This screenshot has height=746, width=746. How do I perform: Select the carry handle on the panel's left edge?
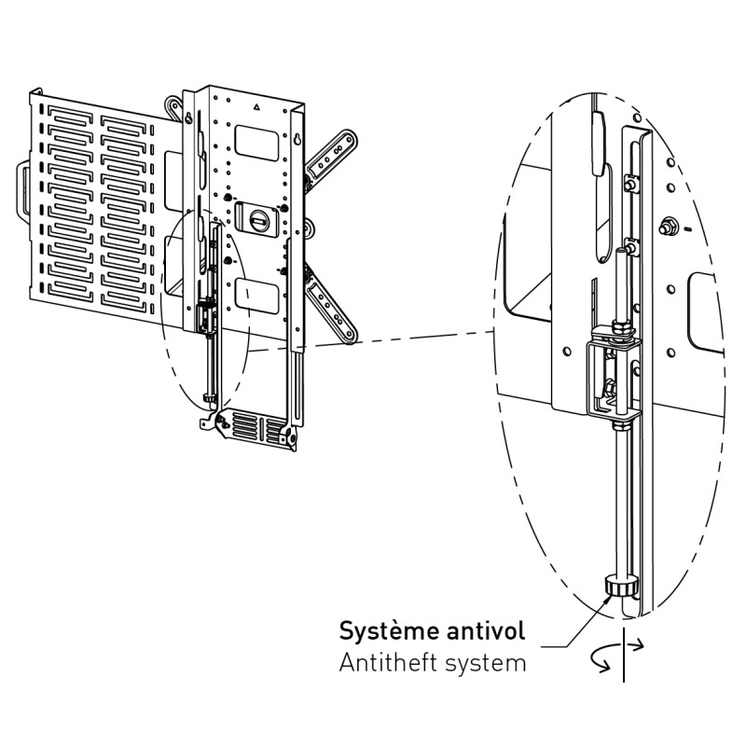click(23, 194)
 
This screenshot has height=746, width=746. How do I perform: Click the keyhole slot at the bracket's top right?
click(296, 140)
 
